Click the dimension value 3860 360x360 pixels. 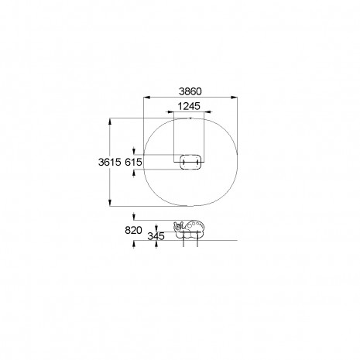(190, 91)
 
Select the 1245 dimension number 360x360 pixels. (189, 106)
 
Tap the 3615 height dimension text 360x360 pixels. (110, 162)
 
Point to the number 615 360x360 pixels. (133, 162)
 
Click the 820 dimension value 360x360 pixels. (133, 230)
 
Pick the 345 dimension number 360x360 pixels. (156, 236)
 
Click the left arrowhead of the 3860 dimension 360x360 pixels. (146, 98)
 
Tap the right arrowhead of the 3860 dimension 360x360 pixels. (234, 98)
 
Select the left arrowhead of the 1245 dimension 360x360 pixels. (170, 112)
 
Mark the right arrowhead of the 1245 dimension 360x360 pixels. (207, 112)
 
